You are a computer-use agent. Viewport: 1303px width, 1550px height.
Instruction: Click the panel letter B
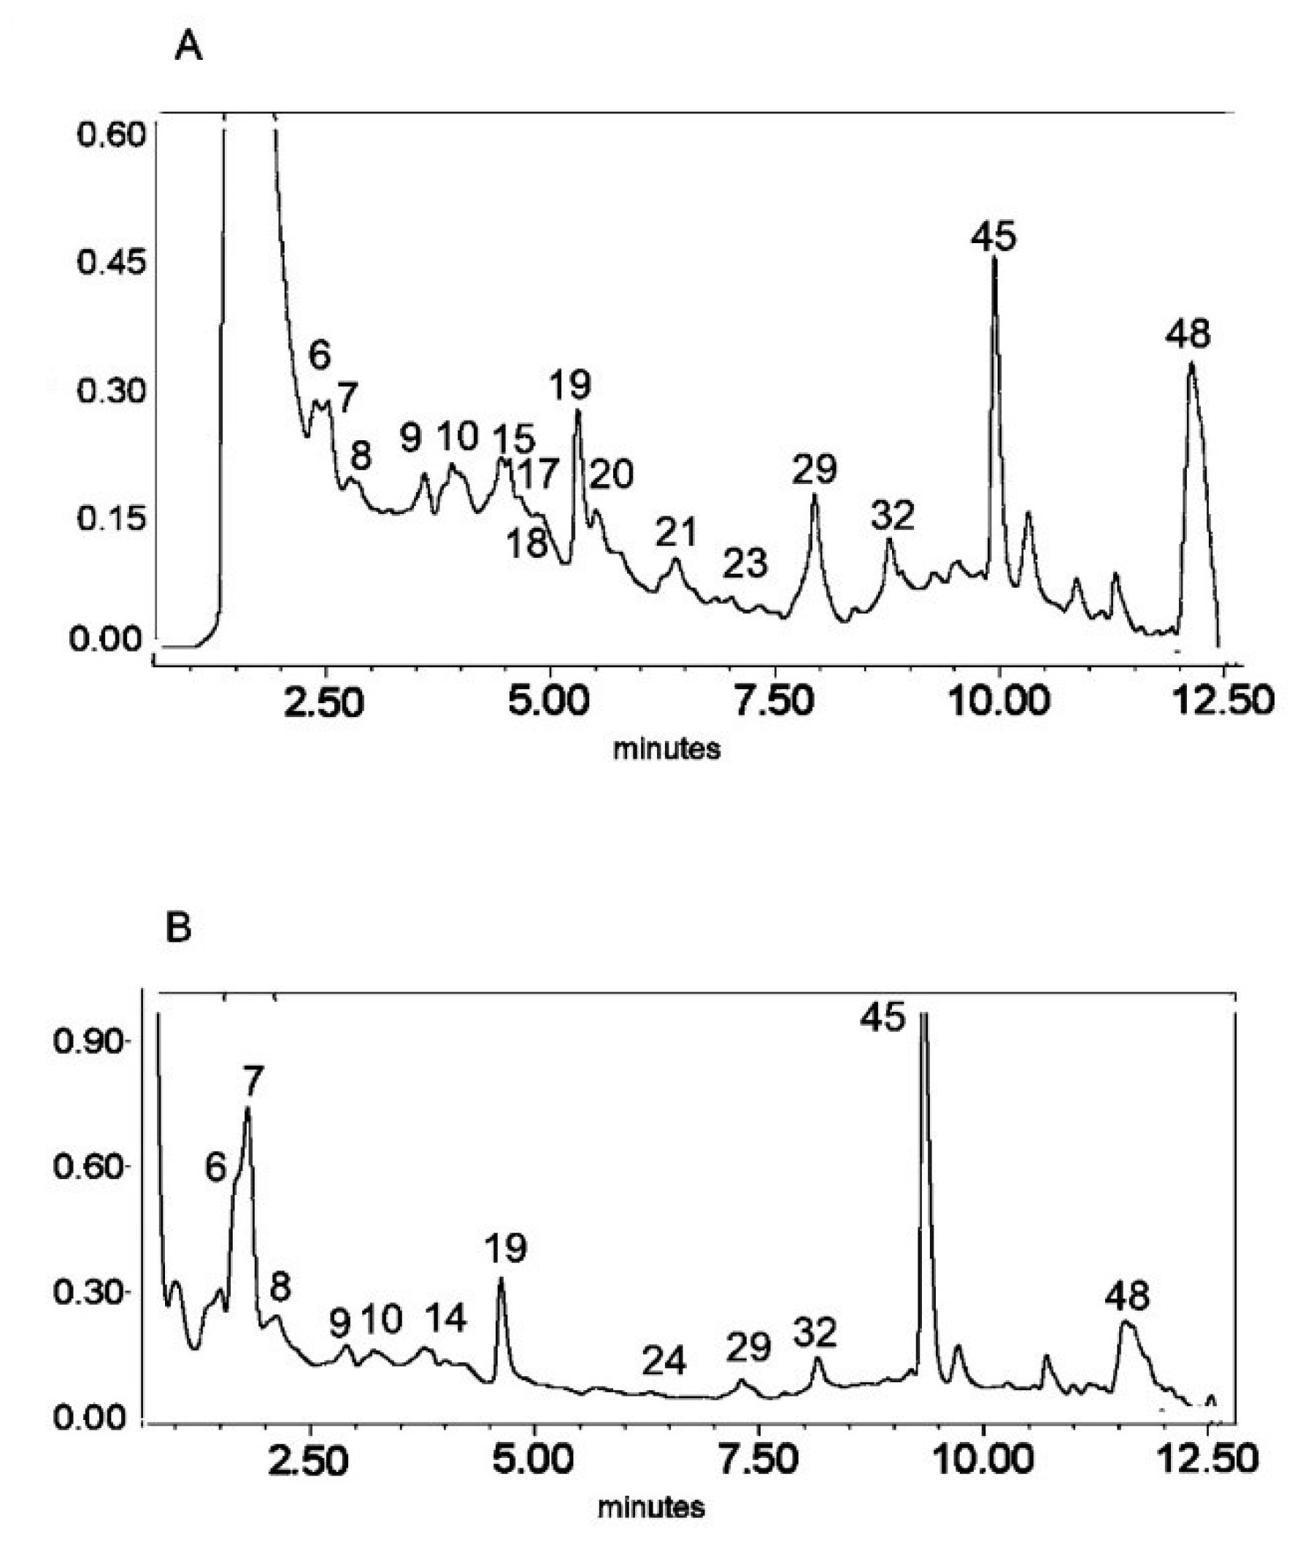click(178, 927)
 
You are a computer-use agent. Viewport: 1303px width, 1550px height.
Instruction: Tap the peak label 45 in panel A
click(993, 237)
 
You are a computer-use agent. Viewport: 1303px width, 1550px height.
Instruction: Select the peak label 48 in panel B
click(1128, 1295)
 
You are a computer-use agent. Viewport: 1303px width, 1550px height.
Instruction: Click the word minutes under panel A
click(667, 749)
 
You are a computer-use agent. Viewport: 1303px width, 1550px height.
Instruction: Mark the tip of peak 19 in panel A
click(578, 411)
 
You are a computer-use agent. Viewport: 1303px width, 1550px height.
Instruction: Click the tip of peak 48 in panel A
click(1191, 363)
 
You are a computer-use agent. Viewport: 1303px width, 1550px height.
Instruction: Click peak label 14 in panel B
click(445, 1317)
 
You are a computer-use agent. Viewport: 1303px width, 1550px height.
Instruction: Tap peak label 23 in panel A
click(745, 564)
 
